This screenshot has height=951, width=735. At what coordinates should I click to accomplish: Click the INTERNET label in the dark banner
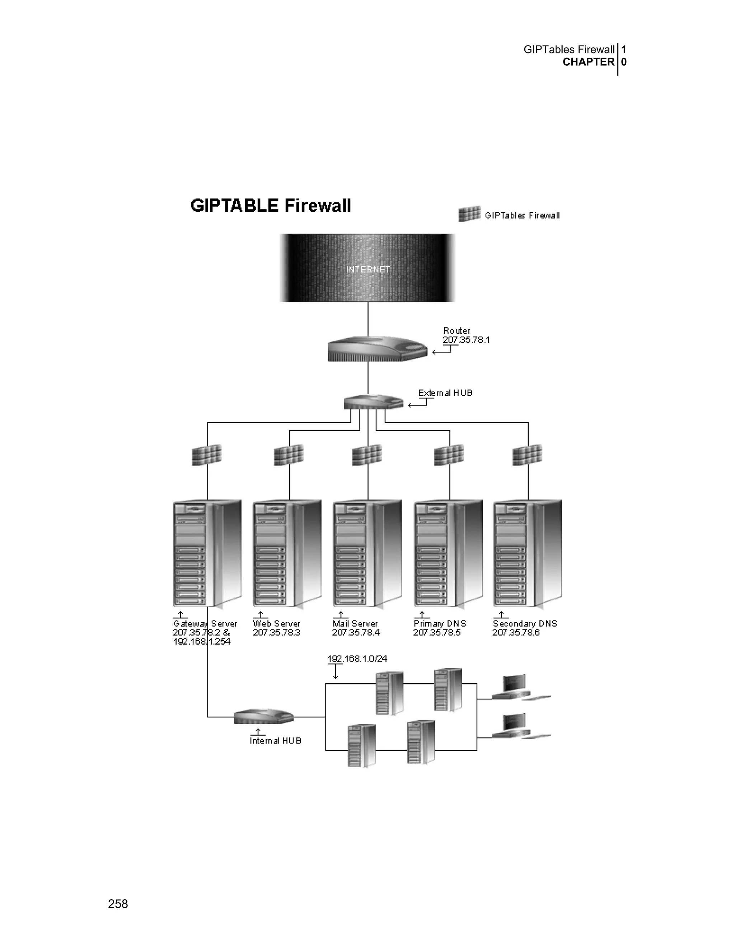click(x=368, y=270)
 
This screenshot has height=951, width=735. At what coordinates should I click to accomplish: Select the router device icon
click(x=377, y=349)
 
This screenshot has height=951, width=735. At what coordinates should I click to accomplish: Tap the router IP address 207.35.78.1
click(x=466, y=340)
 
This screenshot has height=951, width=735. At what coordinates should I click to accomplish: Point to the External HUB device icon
click(x=374, y=402)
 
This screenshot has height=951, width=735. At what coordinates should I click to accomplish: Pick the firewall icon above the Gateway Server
click(x=207, y=455)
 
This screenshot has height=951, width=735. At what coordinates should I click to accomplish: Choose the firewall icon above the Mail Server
click(x=367, y=455)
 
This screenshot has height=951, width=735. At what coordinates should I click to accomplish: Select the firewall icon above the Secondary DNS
click(x=527, y=455)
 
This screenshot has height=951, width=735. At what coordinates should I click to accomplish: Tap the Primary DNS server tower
click(x=448, y=553)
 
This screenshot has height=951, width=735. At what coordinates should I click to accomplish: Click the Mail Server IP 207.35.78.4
click(x=356, y=633)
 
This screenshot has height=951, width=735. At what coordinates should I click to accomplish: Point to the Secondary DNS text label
click(x=525, y=624)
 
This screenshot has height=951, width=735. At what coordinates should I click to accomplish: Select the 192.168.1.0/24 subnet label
click(x=357, y=659)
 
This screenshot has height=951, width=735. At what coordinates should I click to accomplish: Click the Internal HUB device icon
click(x=264, y=717)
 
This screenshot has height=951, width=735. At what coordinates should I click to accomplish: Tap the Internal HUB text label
click(x=276, y=741)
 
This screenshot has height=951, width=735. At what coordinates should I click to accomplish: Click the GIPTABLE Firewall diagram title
click(x=270, y=206)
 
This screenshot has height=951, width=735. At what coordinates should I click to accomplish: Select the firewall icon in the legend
click(x=469, y=214)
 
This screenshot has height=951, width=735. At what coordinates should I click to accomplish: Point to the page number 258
click(x=118, y=904)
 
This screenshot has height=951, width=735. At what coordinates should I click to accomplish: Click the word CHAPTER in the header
click(x=588, y=62)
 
